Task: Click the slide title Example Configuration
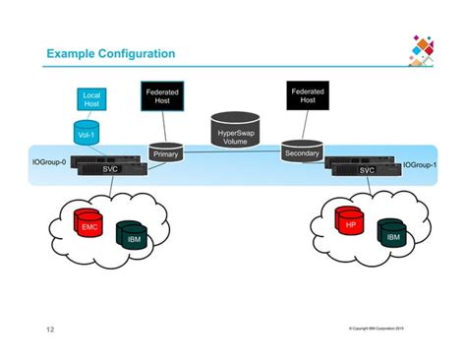pyautogui.click(x=110, y=52)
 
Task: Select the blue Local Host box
pyautogui.click(x=91, y=98)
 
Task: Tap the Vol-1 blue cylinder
pyautogui.click(x=86, y=133)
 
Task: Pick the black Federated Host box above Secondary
pyautogui.click(x=308, y=95)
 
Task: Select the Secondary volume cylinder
pyautogui.click(x=301, y=152)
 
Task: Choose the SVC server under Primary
pyautogui.click(x=110, y=169)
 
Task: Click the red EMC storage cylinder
pyautogui.click(x=89, y=225)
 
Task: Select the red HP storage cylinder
pyautogui.click(x=348, y=221)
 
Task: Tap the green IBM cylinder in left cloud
pyautogui.click(x=132, y=236)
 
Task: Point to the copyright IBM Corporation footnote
pyautogui.click(x=377, y=327)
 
